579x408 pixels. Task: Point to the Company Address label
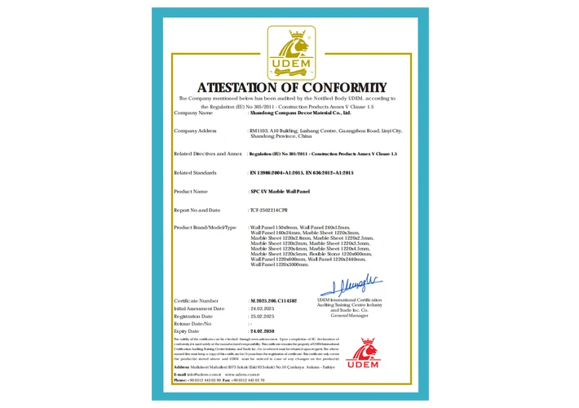(x=195, y=131)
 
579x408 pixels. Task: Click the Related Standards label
(x=195, y=173)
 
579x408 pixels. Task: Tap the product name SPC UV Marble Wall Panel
(x=280, y=191)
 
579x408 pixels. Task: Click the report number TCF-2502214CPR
(x=271, y=210)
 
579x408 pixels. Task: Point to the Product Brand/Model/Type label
(x=206, y=227)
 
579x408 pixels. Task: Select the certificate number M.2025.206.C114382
(x=273, y=301)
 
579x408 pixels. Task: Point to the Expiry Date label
(x=187, y=332)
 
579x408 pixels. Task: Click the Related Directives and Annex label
(x=208, y=153)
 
